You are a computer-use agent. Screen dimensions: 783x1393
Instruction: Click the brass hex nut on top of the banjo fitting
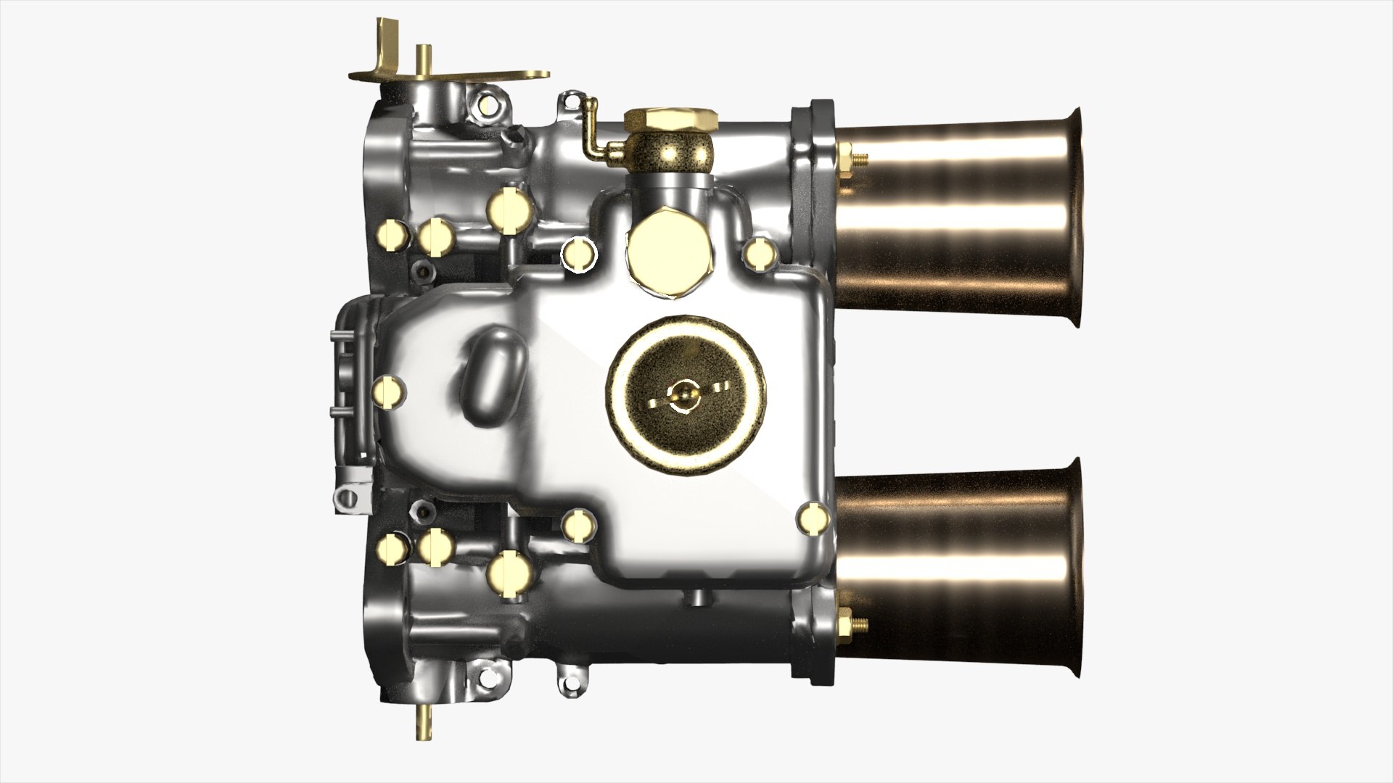tap(671, 119)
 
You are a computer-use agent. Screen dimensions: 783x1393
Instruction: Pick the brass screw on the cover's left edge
tap(387, 391)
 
